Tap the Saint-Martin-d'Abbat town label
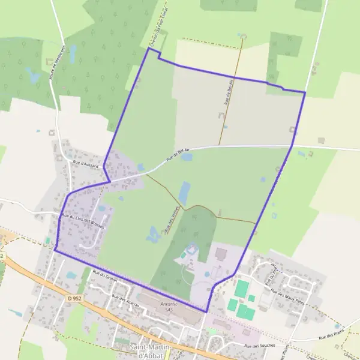tap(151, 350)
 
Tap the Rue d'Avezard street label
tap(85, 163)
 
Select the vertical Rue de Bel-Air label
tap(228, 93)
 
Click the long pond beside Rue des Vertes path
tap(184, 192)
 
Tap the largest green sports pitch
tap(241, 289)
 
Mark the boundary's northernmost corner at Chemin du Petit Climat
tap(148, 48)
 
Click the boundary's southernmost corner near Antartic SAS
tap(206, 312)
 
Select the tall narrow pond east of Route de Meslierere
tap(73, 54)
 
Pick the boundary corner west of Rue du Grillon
tap(55, 249)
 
